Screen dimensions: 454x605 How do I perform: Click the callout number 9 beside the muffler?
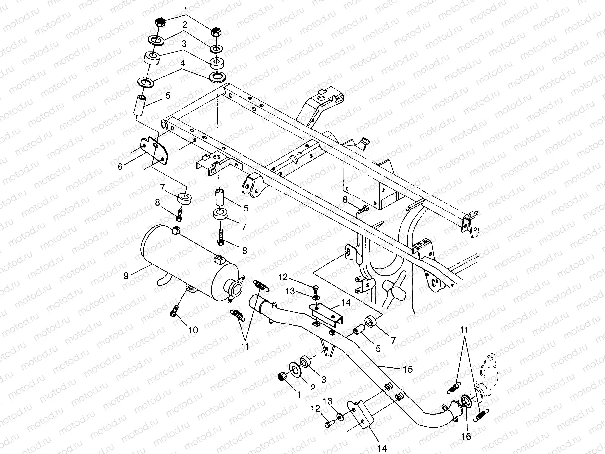(x=126, y=276)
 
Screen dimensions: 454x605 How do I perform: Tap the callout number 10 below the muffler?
(x=193, y=329)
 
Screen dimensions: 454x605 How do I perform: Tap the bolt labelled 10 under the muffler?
(x=174, y=311)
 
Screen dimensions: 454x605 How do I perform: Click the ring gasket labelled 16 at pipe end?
(x=466, y=401)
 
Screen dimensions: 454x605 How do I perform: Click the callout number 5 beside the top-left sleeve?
(x=168, y=95)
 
